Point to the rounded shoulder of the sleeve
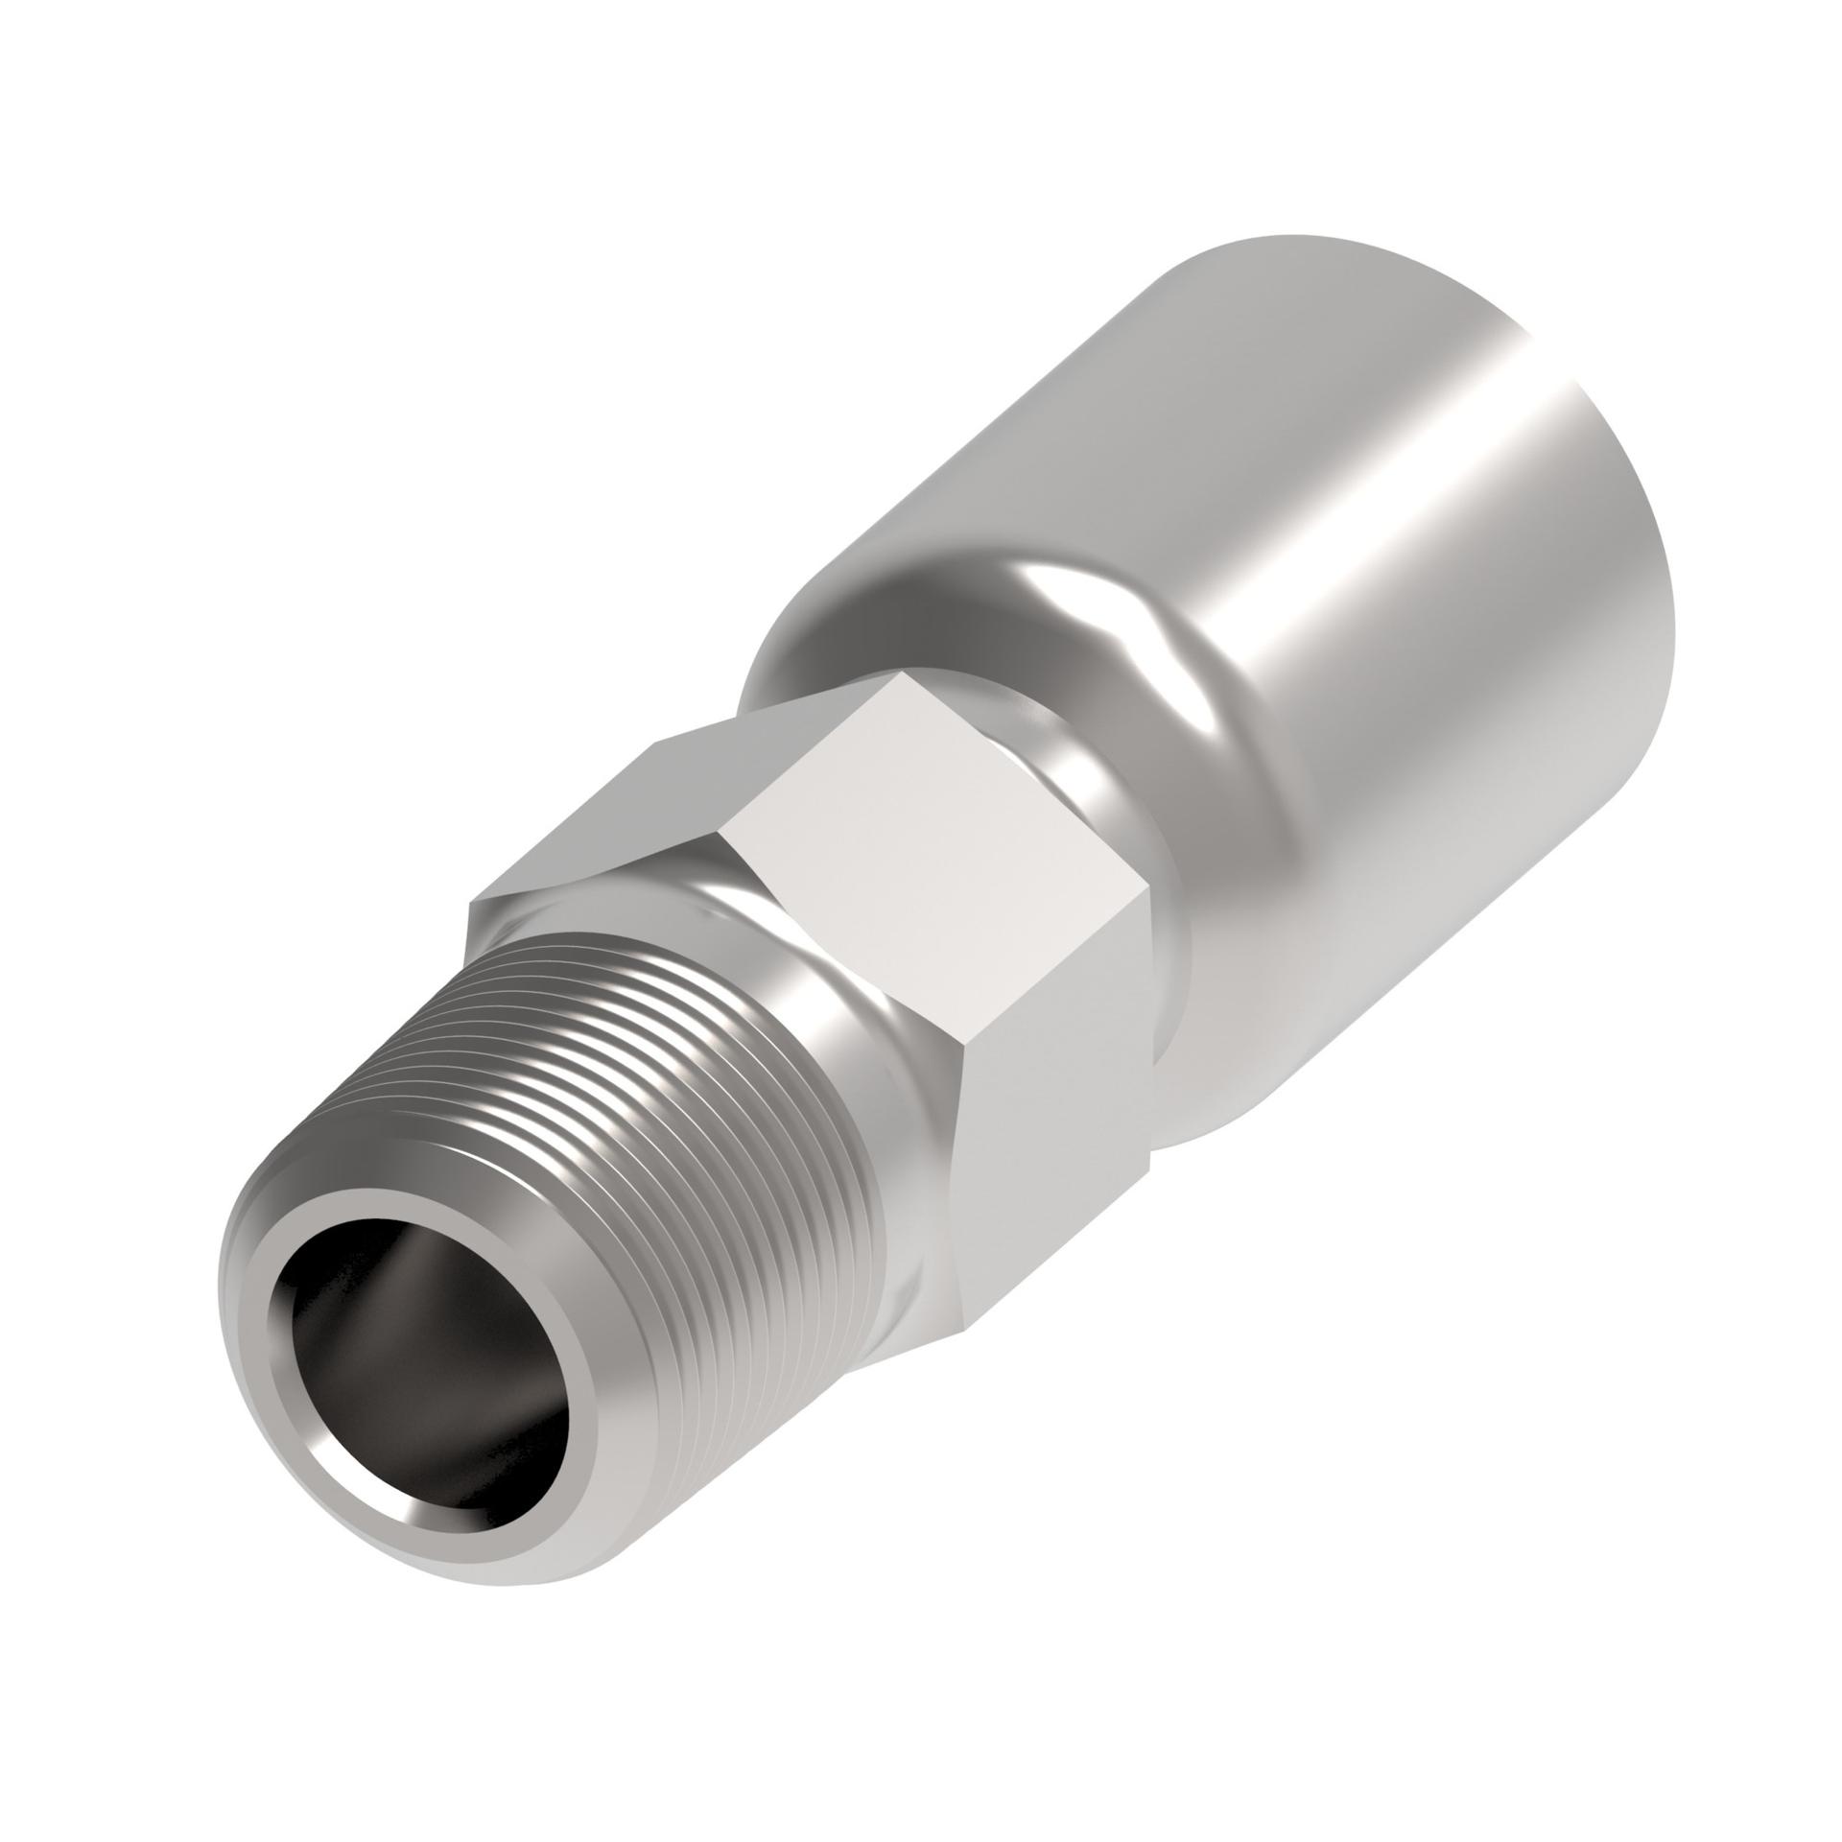point(959,595)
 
